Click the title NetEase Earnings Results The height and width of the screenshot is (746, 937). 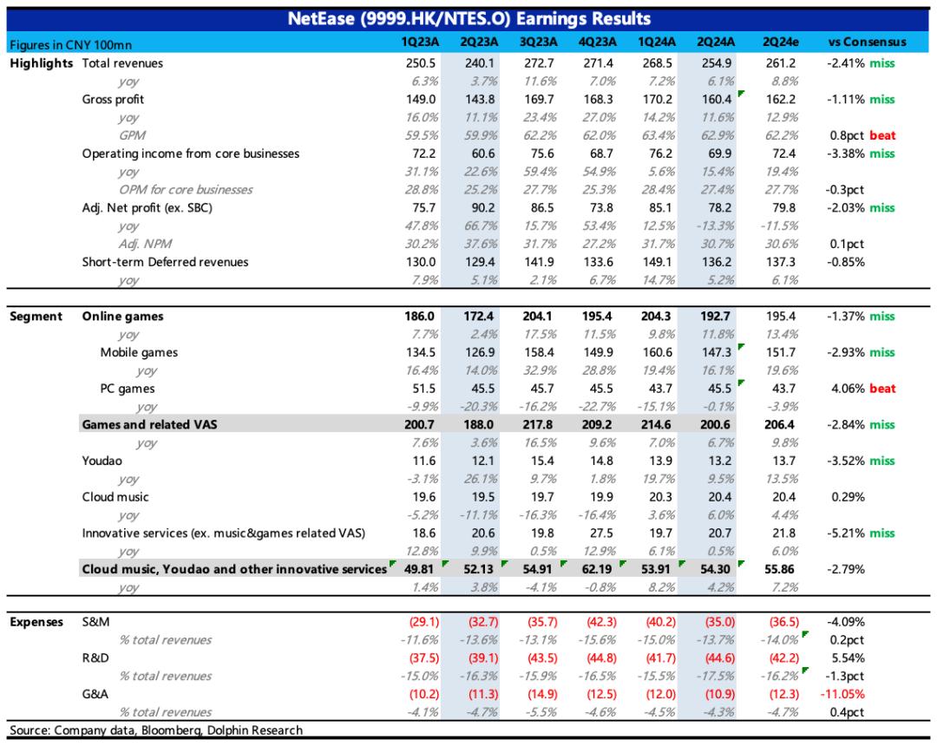coord(468,18)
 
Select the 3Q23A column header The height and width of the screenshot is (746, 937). coord(537,43)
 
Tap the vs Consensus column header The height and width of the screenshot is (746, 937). coord(867,43)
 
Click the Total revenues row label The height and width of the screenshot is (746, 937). coord(122,63)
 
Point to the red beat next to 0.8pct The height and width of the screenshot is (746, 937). coord(881,135)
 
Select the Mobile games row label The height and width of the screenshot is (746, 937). coord(139,352)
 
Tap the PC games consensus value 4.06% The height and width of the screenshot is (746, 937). coord(846,389)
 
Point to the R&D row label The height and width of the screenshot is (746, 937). coord(95,658)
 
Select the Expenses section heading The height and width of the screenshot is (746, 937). coord(36,622)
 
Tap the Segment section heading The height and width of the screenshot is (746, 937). coord(36,317)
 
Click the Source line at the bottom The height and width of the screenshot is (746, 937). coord(156,730)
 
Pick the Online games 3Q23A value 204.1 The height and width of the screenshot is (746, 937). coord(537,317)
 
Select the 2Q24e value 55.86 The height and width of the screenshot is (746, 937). coord(780,569)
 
